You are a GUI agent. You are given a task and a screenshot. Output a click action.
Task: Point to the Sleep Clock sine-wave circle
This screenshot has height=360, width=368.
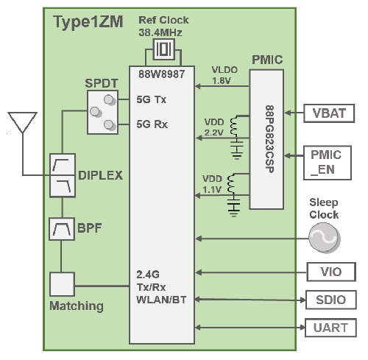324,238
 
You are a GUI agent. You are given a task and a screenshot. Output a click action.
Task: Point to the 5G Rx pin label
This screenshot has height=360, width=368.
152,124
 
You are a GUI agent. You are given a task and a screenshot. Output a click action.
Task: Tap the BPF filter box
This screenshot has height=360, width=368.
62,230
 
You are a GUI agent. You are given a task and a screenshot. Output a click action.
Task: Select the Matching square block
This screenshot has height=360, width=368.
62,284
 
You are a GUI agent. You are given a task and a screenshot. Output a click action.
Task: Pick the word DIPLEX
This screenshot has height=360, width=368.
100,177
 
